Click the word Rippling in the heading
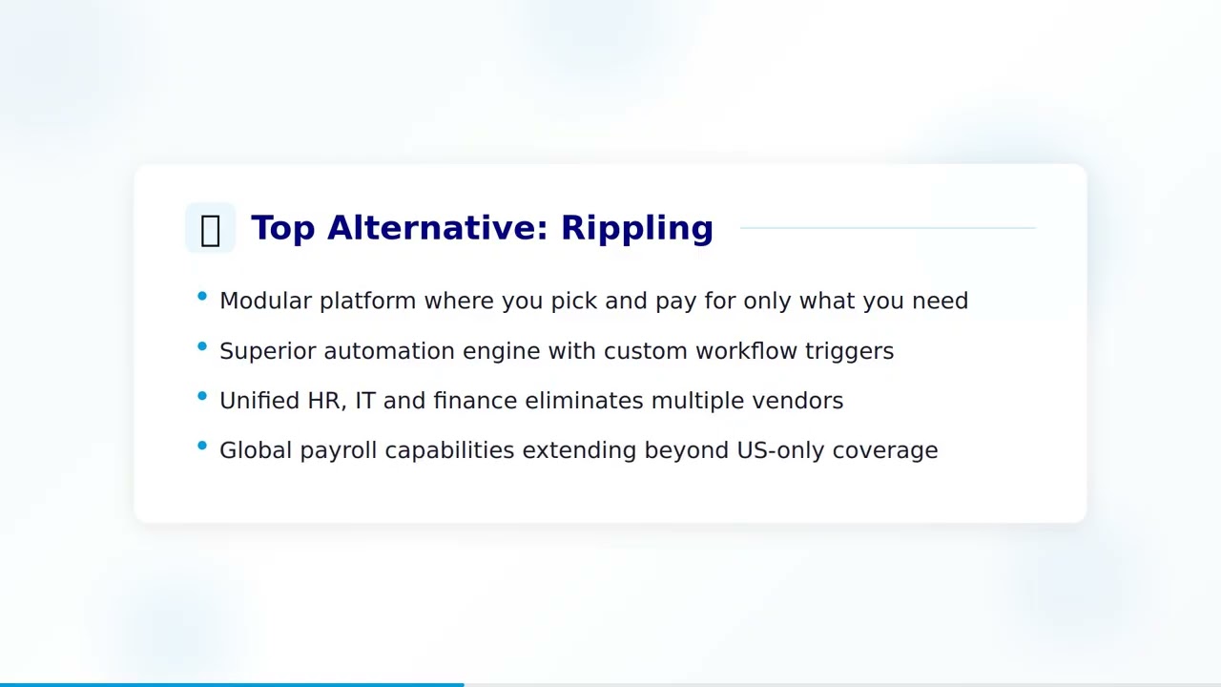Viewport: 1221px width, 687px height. [636, 229]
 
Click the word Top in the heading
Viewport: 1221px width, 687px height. [282, 229]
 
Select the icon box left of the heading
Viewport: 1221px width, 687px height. [210, 229]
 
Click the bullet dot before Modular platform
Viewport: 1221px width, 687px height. [202, 297]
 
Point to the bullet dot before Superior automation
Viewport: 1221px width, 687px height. [202, 346]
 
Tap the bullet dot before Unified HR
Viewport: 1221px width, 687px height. [202, 396]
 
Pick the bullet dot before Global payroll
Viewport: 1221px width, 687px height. [202, 446]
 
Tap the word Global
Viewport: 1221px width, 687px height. [256, 450]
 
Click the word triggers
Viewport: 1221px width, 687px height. [849, 352]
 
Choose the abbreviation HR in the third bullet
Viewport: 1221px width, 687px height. [324, 401]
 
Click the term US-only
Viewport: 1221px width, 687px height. [780, 450]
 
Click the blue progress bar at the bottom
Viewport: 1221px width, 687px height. [232, 684]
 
